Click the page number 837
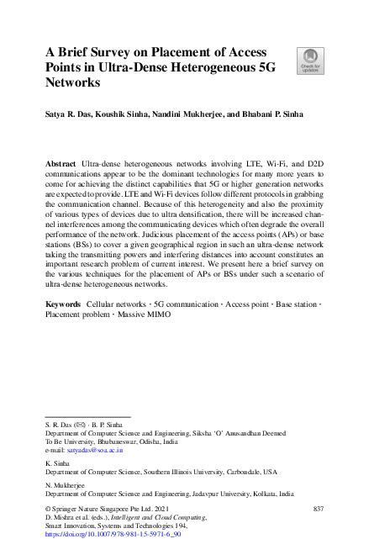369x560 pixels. pyautogui.click(x=318, y=510)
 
